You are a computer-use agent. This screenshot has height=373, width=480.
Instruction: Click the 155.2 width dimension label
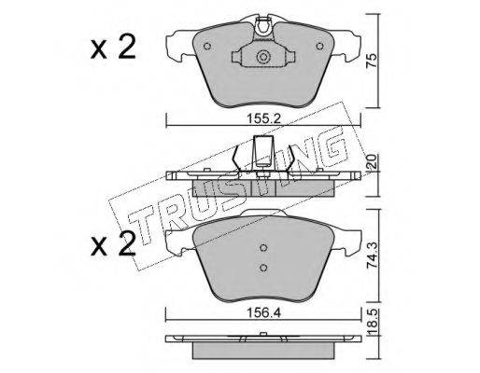pos(263,118)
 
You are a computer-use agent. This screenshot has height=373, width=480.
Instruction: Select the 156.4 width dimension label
pos(263,313)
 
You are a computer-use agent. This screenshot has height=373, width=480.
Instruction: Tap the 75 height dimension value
pos(372,61)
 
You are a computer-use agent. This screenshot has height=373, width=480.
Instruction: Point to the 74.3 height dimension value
pos(372,256)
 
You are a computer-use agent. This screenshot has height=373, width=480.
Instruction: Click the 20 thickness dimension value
pos(372,162)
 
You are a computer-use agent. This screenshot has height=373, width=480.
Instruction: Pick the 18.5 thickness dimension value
pos(373,323)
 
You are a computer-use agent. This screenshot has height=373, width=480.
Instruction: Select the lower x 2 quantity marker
pos(113,244)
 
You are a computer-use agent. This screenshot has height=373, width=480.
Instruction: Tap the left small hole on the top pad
pos(207,47)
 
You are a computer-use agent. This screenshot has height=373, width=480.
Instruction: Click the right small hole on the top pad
pos(319,47)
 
